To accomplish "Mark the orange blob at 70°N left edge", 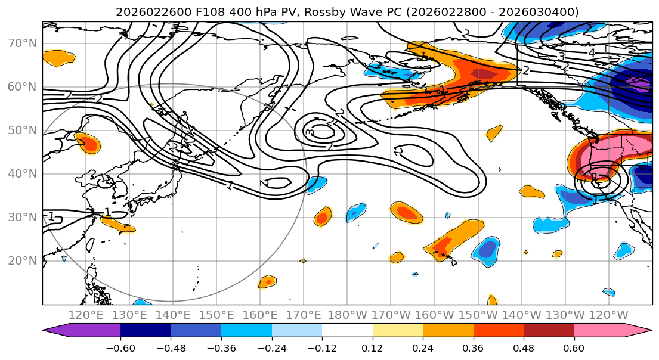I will [x=58, y=57].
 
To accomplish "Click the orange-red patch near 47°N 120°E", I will [x=88, y=143].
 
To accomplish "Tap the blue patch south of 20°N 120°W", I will [x=608, y=292].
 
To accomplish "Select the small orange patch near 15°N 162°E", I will [x=268, y=281].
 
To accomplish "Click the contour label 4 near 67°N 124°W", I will [x=591, y=52].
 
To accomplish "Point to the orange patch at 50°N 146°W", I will [x=494, y=133].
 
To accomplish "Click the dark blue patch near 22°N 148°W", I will [x=488, y=249].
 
